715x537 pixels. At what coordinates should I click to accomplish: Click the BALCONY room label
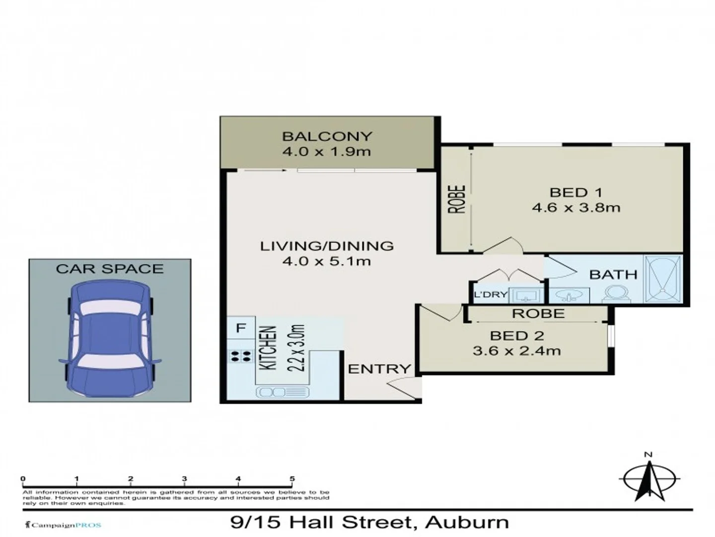327,136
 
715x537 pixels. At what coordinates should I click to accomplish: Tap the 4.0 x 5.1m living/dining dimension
327,261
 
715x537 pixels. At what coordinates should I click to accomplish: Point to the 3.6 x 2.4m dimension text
517,351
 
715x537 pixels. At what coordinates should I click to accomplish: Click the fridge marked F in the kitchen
241,328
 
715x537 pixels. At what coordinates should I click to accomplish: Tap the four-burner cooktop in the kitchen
240,356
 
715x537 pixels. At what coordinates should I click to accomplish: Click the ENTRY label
379,369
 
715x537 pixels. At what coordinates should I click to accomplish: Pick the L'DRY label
490,295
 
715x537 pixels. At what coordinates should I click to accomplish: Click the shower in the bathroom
663,279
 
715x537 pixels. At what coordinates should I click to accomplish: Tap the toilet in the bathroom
616,294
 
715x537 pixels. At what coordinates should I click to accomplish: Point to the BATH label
613,274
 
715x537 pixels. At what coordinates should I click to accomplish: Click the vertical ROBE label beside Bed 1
457,199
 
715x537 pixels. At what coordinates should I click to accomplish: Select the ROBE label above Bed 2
538,314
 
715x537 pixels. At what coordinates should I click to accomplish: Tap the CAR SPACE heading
110,269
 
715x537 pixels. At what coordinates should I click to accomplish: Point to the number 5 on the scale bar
292,479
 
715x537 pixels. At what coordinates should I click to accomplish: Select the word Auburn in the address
467,523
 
